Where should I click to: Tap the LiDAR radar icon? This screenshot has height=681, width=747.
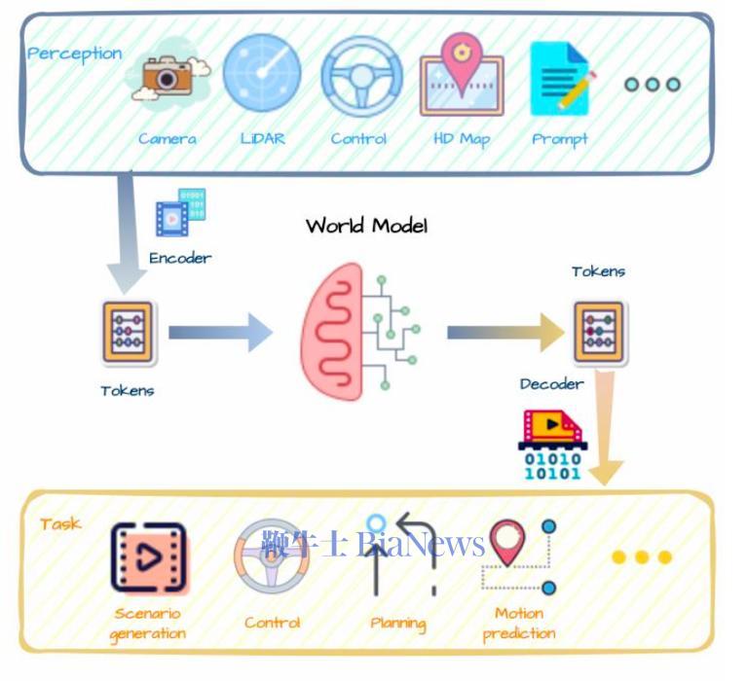click(262, 72)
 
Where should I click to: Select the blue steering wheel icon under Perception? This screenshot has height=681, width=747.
click(362, 76)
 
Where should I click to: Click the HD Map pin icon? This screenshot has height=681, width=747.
click(462, 74)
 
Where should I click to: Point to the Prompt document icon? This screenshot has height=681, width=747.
click(563, 79)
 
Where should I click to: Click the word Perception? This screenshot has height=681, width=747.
click(75, 54)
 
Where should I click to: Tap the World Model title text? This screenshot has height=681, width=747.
click(366, 226)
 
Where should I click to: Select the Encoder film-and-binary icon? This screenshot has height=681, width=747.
click(181, 212)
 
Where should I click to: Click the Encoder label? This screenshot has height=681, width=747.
click(180, 259)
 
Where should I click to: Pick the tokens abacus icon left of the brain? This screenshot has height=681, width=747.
click(129, 332)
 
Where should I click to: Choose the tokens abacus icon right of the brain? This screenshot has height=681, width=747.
click(599, 332)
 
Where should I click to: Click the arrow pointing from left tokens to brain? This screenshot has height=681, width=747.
click(220, 332)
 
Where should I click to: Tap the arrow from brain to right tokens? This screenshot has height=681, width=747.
click(505, 332)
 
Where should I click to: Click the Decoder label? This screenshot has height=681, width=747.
click(551, 384)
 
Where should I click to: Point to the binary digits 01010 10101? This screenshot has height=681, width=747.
click(552, 466)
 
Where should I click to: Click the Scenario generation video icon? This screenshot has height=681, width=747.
click(149, 557)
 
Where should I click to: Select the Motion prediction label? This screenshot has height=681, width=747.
click(519, 624)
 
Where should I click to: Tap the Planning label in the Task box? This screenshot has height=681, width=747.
click(398, 624)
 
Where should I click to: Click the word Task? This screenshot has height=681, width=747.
click(60, 524)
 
